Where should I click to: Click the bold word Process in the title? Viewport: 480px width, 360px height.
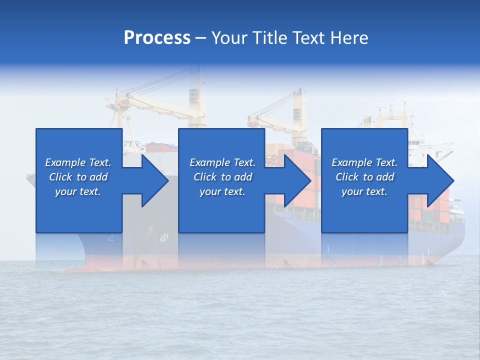point(157,38)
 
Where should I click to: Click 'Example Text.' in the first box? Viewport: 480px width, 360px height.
point(78,162)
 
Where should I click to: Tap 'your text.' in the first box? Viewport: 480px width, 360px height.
point(78,191)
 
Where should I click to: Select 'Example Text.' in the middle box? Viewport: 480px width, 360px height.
point(222,162)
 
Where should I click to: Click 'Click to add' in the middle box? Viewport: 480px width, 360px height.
point(222,177)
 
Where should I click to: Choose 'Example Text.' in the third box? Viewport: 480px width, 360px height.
point(364,162)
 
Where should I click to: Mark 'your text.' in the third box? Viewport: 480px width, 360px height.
point(364,191)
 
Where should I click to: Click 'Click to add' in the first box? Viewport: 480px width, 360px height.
point(78,177)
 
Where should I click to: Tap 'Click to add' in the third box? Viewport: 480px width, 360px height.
point(364,177)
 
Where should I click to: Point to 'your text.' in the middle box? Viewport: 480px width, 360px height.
point(222,191)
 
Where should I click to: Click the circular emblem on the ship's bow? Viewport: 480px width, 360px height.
point(163,238)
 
